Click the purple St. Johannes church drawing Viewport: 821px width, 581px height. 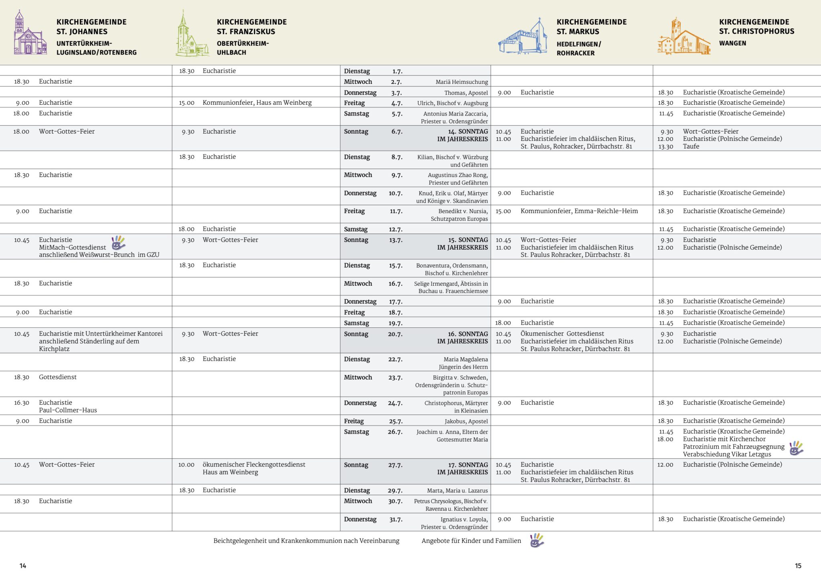30,34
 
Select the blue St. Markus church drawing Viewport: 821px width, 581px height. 523,37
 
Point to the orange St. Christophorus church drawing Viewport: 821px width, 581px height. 684,37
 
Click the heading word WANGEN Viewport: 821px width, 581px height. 732,43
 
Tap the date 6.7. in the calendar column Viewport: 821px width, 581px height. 396,132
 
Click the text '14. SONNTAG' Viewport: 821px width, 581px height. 468,132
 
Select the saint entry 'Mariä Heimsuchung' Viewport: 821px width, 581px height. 461,82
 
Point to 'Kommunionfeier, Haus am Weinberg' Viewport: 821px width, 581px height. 257,103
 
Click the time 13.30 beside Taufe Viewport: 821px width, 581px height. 665,146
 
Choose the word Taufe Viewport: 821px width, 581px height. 691,146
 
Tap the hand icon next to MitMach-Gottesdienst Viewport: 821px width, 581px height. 118,243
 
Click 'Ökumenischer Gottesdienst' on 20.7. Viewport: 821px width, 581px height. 562,334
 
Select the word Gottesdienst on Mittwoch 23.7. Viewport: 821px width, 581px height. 58,377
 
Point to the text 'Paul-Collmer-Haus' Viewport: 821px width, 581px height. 68,410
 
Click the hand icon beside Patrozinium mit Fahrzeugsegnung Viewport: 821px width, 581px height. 796,448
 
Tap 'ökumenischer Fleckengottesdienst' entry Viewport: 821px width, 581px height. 254,465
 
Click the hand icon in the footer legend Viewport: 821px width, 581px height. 537,540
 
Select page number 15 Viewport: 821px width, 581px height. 798,566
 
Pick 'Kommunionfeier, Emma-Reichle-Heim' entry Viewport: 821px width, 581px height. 579,211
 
